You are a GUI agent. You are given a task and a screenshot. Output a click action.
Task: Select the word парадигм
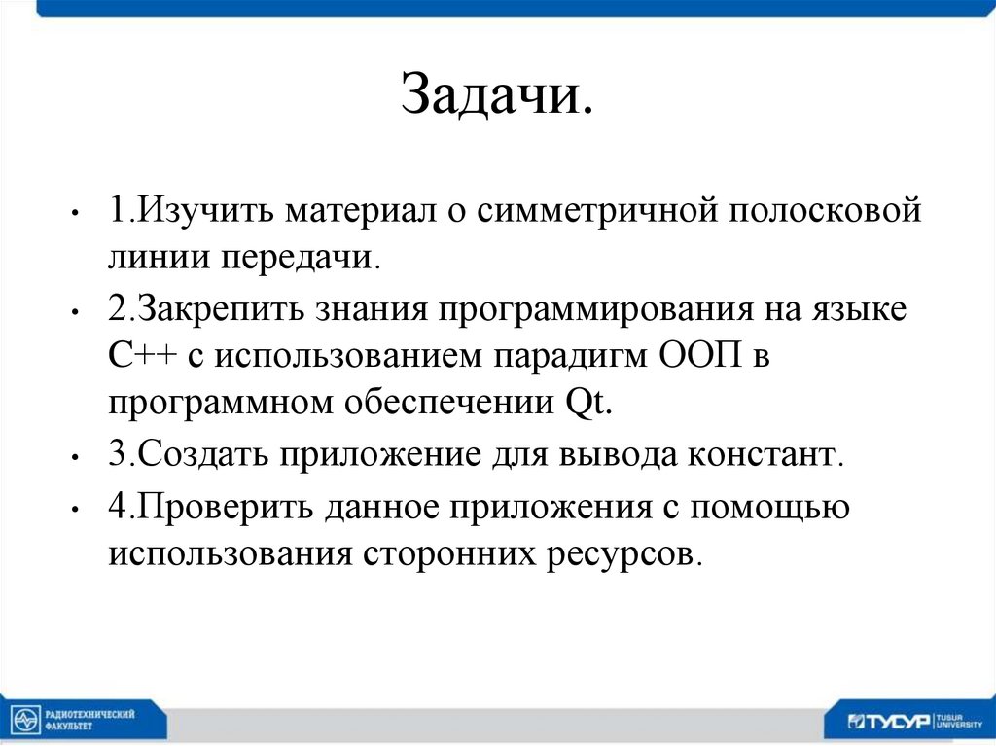click(564, 356)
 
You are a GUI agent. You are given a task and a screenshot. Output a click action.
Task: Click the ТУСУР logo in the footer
click(889, 721)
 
